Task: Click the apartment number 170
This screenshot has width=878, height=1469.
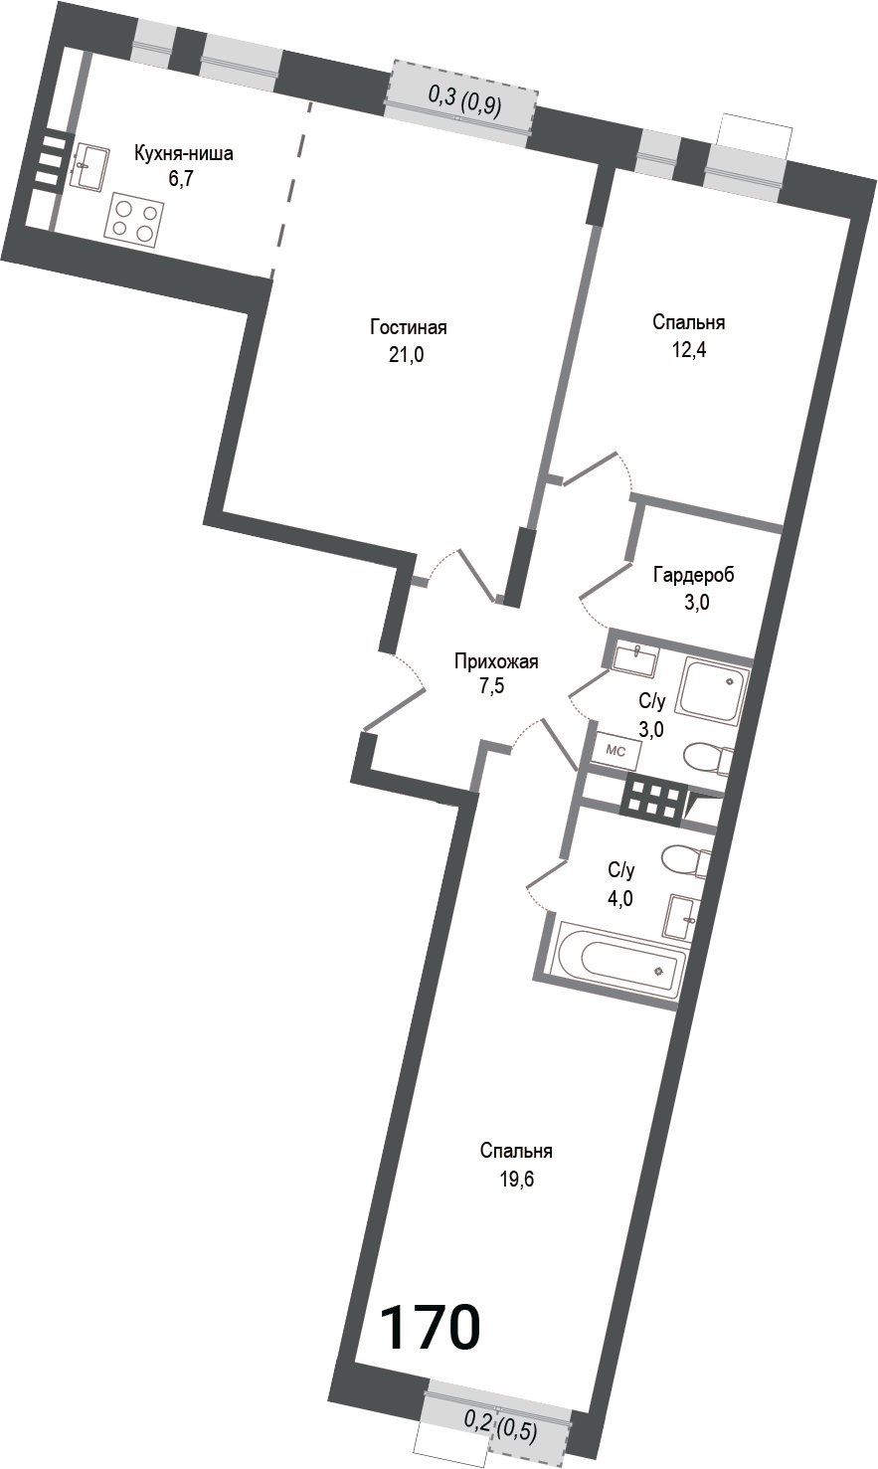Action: coord(431,1327)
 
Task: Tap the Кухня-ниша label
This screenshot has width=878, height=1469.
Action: coord(184,154)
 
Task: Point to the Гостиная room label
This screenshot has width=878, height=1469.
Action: coord(408,327)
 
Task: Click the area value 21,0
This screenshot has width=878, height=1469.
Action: coord(407,355)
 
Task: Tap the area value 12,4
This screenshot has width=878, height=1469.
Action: coord(688,350)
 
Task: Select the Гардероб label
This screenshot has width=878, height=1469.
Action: coord(694,575)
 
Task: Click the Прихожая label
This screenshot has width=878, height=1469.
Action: coord(495,660)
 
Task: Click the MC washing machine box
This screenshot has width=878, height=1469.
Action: coord(616,751)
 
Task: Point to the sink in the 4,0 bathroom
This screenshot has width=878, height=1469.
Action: coord(682,916)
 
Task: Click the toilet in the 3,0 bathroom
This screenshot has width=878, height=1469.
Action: coord(708,758)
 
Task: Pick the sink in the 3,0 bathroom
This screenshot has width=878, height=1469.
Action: coord(633,657)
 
